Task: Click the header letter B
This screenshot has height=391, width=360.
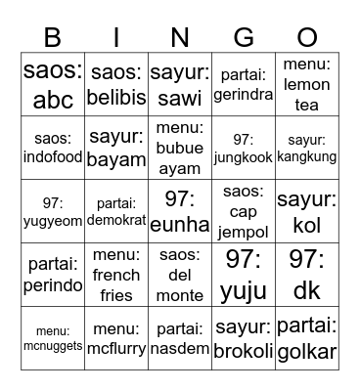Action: pyautogui.click(x=53, y=38)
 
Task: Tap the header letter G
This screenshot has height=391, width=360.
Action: pyautogui.click(x=244, y=38)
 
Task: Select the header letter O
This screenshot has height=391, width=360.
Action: pyautogui.click(x=307, y=38)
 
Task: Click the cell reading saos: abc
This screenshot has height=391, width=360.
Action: pyautogui.click(x=53, y=84)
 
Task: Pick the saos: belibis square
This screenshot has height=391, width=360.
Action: pyautogui.click(x=116, y=84)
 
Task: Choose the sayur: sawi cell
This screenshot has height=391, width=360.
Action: pyautogui.click(x=180, y=84)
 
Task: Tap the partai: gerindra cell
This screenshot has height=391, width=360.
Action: pyautogui.click(x=244, y=84)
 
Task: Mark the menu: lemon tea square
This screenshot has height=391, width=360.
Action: pyautogui.click(x=307, y=84)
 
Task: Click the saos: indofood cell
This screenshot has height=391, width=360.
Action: pyautogui.click(x=53, y=148)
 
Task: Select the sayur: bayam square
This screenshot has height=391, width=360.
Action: pyautogui.click(x=116, y=148)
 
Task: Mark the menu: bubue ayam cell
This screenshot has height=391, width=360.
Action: pyautogui.click(x=180, y=148)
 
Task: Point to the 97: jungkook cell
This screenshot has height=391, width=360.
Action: pyautogui.click(x=244, y=148)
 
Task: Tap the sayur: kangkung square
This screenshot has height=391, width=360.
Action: pyautogui.click(x=307, y=148)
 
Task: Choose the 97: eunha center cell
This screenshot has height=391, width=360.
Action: pyautogui.click(x=180, y=212)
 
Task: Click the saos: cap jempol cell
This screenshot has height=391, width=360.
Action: pyautogui.click(x=244, y=212)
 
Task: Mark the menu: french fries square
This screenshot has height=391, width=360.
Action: pyautogui.click(x=116, y=276)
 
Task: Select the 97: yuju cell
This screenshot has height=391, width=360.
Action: pyautogui.click(x=244, y=276)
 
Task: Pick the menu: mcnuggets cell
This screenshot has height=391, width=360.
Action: pyautogui.click(x=53, y=338)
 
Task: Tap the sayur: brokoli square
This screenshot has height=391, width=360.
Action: pyautogui.click(x=244, y=338)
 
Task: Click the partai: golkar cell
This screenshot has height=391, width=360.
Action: pyautogui.click(x=307, y=338)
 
